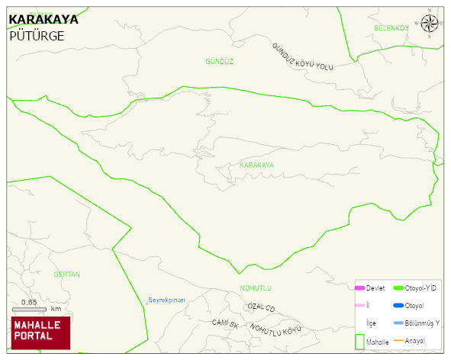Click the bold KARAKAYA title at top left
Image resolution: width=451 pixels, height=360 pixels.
point(43,21)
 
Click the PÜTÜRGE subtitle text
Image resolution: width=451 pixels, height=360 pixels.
point(36,36)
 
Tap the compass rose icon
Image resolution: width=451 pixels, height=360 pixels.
point(430,24)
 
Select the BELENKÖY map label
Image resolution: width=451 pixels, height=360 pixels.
point(391,28)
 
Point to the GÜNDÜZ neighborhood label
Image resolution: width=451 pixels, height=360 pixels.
point(219,60)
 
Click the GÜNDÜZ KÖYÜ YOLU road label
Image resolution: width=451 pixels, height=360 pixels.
point(303,58)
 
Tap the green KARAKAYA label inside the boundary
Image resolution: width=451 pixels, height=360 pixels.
point(256,165)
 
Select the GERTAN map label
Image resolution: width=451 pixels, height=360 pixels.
point(67,274)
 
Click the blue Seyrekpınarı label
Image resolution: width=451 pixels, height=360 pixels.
point(166,299)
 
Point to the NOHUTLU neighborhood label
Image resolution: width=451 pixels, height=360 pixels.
point(256,288)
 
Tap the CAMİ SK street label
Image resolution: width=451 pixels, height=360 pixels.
point(225,323)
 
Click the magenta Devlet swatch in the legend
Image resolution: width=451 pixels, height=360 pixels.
point(360,288)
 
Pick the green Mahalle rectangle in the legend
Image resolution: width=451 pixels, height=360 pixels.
point(360,340)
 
